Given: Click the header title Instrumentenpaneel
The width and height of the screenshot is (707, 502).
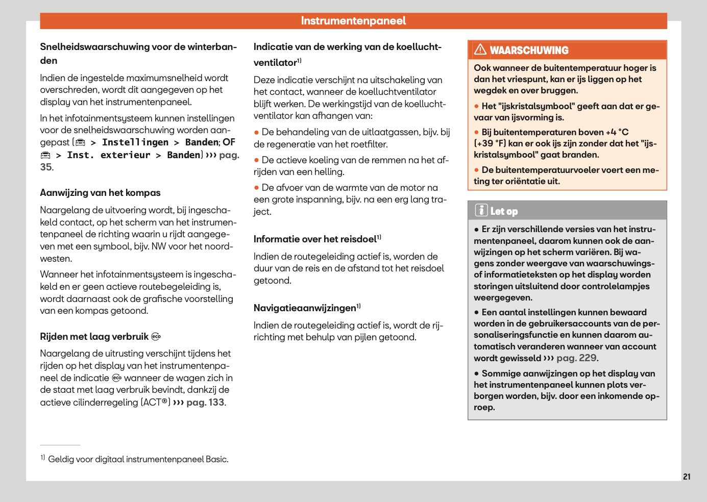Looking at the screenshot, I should click(x=353, y=21).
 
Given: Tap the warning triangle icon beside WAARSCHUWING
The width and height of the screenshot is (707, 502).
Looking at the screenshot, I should click(x=480, y=49).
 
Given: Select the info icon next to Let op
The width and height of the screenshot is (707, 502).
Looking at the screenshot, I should click(x=481, y=210).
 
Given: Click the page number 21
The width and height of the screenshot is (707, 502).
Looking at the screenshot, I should click(x=687, y=476).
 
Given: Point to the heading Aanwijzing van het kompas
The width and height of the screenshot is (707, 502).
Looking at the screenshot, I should click(x=100, y=193).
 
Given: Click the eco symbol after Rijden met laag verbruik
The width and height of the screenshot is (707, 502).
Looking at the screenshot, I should click(x=156, y=337).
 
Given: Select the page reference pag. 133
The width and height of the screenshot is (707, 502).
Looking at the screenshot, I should click(x=205, y=403).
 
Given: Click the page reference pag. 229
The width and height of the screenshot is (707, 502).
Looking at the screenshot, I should click(x=576, y=358).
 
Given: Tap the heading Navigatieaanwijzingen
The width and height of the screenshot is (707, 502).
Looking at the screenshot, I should click(x=305, y=308).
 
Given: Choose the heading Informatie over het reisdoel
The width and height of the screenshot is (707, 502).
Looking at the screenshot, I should click(x=315, y=239).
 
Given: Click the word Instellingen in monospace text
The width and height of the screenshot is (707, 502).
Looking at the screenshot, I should click(x=135, y=142).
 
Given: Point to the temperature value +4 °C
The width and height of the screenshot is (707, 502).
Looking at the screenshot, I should click(x=617, y=132).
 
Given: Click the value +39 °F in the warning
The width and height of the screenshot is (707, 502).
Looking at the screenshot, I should click(x=491, y=143).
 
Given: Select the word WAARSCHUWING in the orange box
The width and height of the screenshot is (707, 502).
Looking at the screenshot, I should click(x=529, y=51).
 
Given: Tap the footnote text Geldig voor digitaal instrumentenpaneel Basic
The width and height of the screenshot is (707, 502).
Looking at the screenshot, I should click(x=138, y=459).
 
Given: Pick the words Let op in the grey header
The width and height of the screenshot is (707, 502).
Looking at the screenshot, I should click(x=504, y=211).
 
